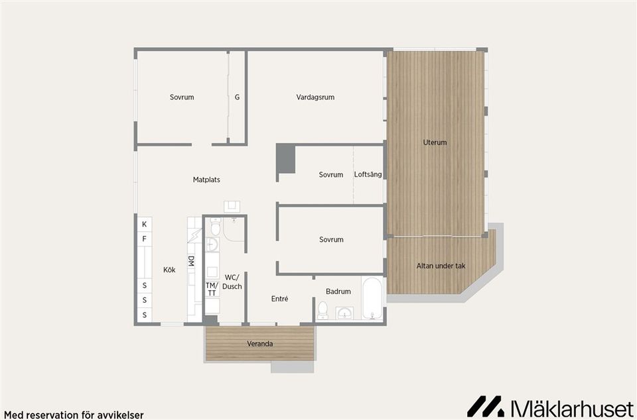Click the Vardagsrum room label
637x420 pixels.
[x=315, y=97]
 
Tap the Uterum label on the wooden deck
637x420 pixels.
[x=435, y=142]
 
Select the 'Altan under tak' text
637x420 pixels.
[x=441, y=266]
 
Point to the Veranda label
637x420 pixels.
[x=259, y=344]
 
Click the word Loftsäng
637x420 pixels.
[x=368, y=175]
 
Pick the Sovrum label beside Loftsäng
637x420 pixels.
[x=330, y=175]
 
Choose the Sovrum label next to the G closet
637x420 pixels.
[x=182, y=97]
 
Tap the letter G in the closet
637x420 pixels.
[x=237, y=97]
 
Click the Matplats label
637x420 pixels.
[x=206, y=180]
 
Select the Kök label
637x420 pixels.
[x=169, y=270]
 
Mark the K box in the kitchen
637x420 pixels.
[x=144, y=225]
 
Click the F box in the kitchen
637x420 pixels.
[x=144, y=239]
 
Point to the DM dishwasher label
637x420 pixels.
[x=191, y=262]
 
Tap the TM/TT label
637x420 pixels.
[x=211, y=289]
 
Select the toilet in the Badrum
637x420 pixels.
[x=323, y=310]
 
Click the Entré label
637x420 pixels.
[x=279, y=299]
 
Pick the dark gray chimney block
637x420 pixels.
[x=285, y=159]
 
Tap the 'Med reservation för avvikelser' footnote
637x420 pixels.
[x=74, y=415]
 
